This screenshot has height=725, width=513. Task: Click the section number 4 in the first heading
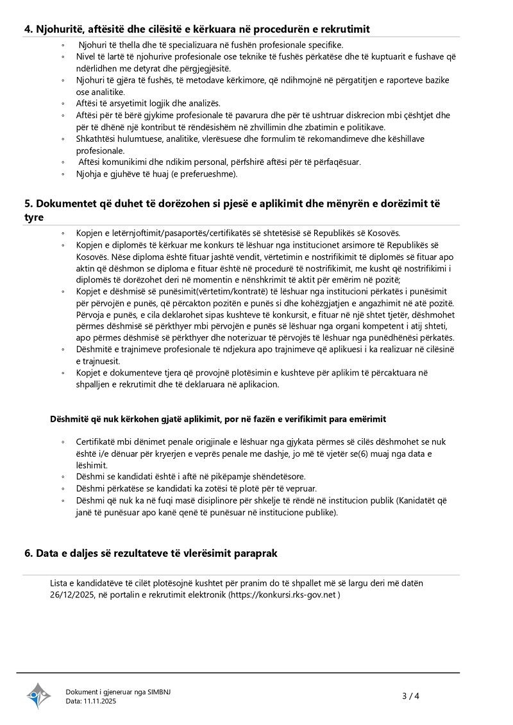28,30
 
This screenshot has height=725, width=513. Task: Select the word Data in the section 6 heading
49,553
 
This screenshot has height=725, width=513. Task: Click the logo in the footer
38,695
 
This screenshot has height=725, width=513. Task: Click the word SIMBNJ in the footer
158,692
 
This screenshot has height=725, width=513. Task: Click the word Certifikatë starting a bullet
96,442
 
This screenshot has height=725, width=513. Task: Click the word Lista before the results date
60,583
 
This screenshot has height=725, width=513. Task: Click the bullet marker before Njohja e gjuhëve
63,174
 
